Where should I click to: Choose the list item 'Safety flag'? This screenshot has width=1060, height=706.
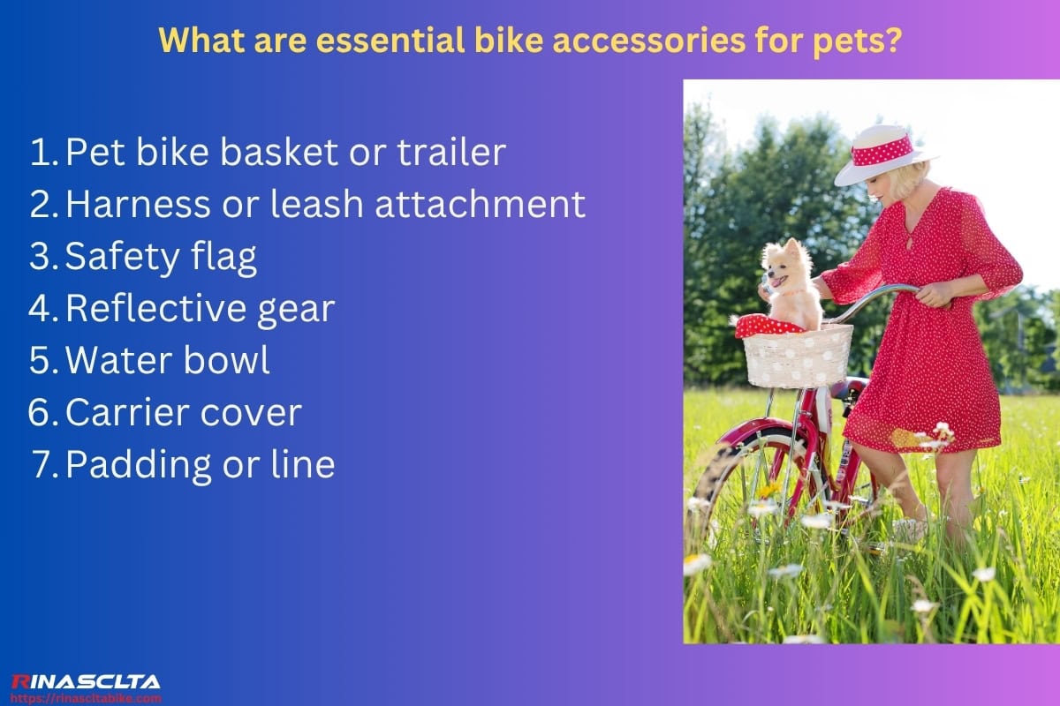point(161,256)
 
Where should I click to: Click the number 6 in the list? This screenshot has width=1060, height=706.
point(42,412)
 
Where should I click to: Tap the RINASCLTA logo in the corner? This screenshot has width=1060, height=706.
point(85,681)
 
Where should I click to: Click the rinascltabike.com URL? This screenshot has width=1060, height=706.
point(85,697)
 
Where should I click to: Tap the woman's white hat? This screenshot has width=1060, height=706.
point(883,154)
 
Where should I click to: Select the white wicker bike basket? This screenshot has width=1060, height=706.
point(798,356)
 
